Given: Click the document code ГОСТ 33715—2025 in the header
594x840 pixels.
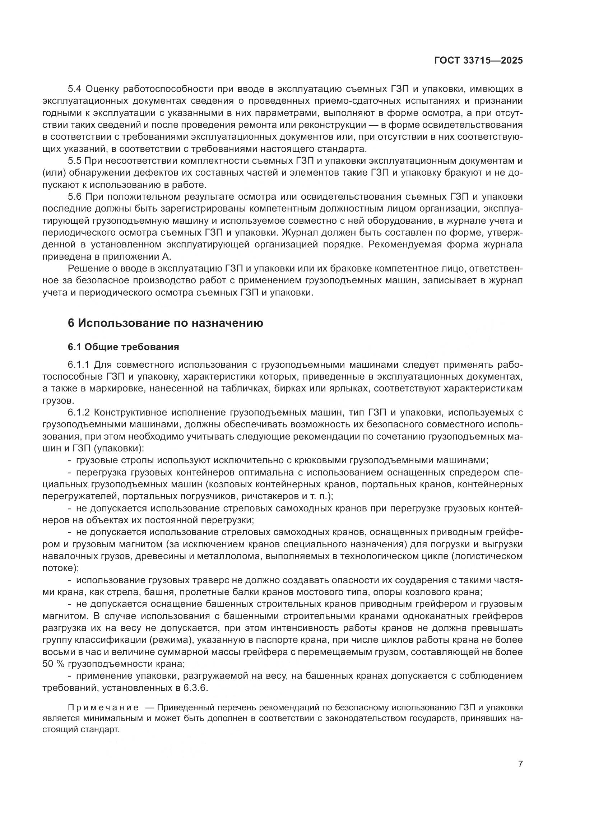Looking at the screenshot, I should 478,61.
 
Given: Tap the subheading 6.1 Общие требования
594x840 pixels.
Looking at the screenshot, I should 123,347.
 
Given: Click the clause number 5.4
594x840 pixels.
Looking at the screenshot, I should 76,89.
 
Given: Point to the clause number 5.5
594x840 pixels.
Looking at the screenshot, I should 76,161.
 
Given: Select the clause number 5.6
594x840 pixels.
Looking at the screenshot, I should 76,197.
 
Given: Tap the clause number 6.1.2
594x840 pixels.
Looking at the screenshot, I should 79,412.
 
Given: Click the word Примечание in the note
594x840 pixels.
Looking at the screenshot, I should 103,707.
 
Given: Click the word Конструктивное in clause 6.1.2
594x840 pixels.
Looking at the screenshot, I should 134,412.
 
